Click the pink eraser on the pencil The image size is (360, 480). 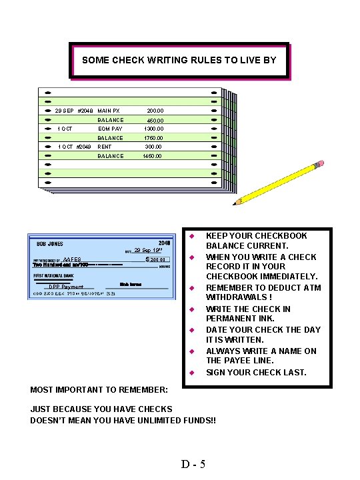coord(319,163)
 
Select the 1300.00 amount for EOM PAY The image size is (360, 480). coord(153,129)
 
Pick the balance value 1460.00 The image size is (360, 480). coord(153,156)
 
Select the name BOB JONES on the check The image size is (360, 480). coord(49,244)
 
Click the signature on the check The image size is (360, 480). coord(130,285)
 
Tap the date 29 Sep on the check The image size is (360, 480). coord(148,251)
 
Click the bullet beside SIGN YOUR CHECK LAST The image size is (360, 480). coord(191,373)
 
